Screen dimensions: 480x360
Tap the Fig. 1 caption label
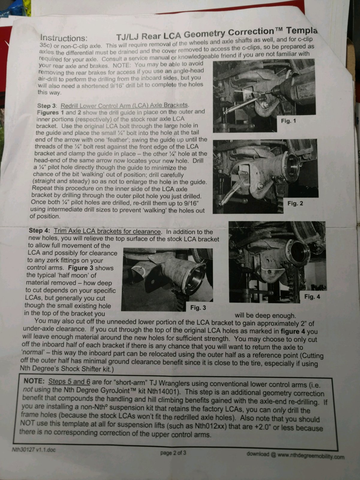[x=288, y=121]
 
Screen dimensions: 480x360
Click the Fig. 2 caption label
[x=295, y=203]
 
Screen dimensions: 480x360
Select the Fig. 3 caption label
[x=198, y=307]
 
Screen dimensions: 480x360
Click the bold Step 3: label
[x=47, y=106]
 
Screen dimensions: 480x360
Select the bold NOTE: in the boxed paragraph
[x=34, y=381]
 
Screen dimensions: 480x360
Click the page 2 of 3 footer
[x=173, y=453]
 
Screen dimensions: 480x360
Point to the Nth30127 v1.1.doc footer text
[x=34, y=450]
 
